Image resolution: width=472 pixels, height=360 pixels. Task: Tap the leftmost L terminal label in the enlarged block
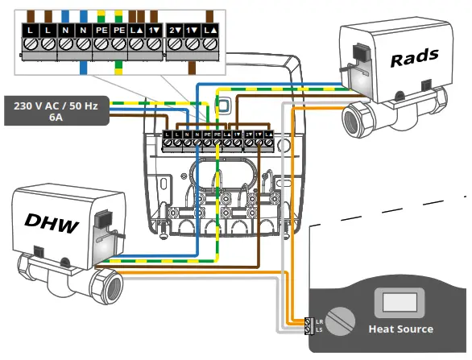[x=30, y=30]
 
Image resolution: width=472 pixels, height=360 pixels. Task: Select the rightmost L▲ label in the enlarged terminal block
[x=209, y=30]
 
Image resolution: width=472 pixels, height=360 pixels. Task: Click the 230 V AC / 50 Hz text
[x=58, y=105]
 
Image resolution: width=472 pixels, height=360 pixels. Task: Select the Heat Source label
[x=400, y=329]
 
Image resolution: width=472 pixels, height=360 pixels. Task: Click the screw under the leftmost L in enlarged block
[x=30, y=46]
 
